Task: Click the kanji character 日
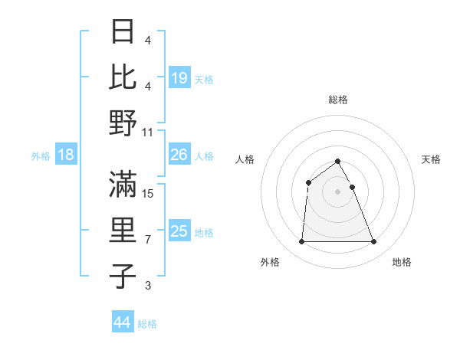pyautogui.click(x=124, y=32)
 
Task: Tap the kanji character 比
pyautogui.click(x=124, y=77)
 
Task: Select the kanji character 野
pyautogui.click(x=124, y=123)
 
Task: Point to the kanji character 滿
pyautogui.click(x=124, y=184)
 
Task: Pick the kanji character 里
pyautogui.click(x=124, y=230)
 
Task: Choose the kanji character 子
pyautogui.click(x=124, y=276)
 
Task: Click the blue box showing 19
pyautogui.click(x=179, y=78)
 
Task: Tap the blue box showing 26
pyautogui.click(x=179, y=155)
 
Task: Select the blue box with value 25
pyautogui.click(x=179, y=232)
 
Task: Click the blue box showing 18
pyautogui.click(x=66, y=155)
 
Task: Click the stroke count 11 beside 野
pyautogui.click(x=148, y=133)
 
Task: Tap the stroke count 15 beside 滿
pyautogui.click(x=148, y=194)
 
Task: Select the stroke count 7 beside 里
pyautogui.click(x=148, y=240)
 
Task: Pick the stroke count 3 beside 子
pyautogui.click(x=148, y=286)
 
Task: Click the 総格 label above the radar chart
pyautogui.click(x=338, y=100)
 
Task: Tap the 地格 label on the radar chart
pyautogui.click(x=402, y=262)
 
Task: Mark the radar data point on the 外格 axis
pyautogui.click(x=302, y=242)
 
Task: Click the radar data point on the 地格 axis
pyautogui.click(x=374, y=242)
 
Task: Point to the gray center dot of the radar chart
pyautogui.click(x=338, y=191)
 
